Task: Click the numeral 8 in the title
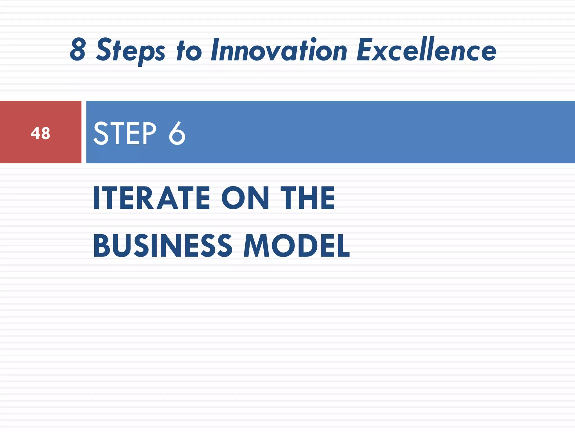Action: [x=78, y=50]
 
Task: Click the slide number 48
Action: [x=40, y=133]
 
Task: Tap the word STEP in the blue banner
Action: [x=125, y=133]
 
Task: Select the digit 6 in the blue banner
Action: [x=177, y=133]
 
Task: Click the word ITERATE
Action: [x=151, y=198]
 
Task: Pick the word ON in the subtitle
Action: [x=245, y=198]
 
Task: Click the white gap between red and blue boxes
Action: [x=84, y=132]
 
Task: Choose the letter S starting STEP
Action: [x=101, y=133]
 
